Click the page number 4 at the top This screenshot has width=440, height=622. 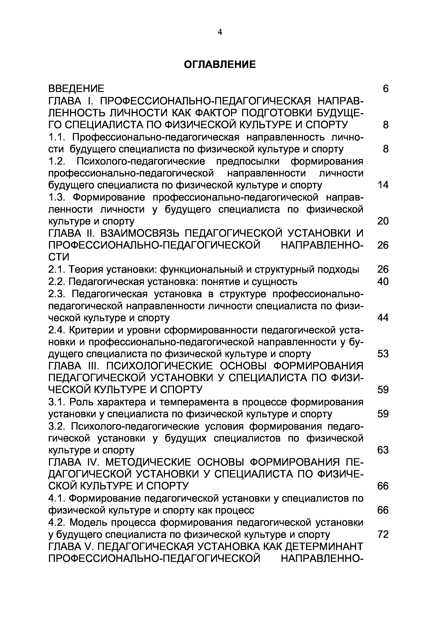(220, 32)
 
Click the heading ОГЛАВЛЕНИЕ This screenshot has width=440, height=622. (220, 65)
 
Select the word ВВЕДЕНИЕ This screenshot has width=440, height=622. (76, 89)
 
